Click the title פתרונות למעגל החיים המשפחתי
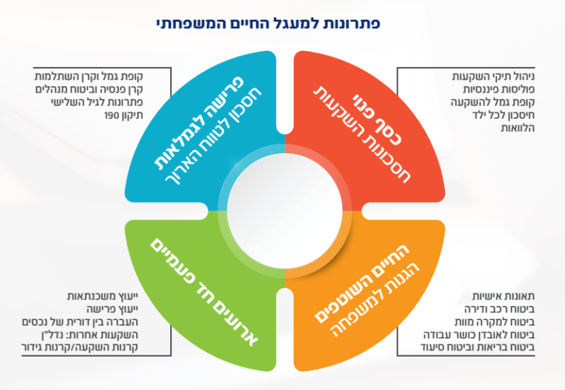[x=282, y=23]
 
